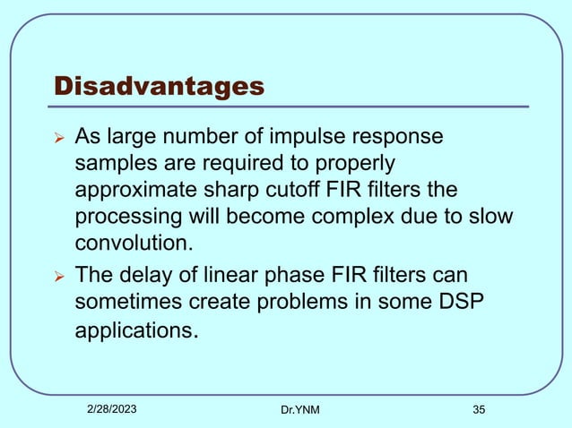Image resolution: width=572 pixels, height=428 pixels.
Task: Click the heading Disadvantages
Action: (x=160, y=86)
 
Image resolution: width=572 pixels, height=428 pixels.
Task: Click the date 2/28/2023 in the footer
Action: (x=113, y=408)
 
